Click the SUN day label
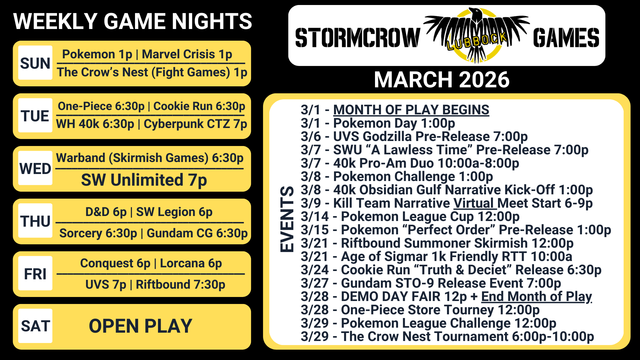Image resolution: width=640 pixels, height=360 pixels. click(35, 63)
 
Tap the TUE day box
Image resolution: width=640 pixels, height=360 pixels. click(35, 115)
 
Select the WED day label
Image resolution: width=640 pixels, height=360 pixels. click(35, 169)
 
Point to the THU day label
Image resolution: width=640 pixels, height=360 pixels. click(35, 221)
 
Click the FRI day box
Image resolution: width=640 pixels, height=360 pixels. click(35, 273)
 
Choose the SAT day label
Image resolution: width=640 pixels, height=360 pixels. click(35, 326)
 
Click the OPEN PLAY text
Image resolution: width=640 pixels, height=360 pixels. click(140, 326)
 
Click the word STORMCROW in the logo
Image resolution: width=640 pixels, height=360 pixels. click(357, 38)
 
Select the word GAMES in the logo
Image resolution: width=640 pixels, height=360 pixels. click(566, 38)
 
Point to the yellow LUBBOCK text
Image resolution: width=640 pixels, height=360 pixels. click(477, 41)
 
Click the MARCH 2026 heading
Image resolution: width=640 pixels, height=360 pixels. click(442, 80)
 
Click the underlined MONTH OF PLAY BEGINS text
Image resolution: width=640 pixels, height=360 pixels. click(411, 110)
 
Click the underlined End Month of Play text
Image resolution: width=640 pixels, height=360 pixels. click(536, 296)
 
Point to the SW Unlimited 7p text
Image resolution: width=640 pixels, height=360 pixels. click(144, 180)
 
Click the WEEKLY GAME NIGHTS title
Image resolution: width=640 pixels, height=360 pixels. click(133, 21)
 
